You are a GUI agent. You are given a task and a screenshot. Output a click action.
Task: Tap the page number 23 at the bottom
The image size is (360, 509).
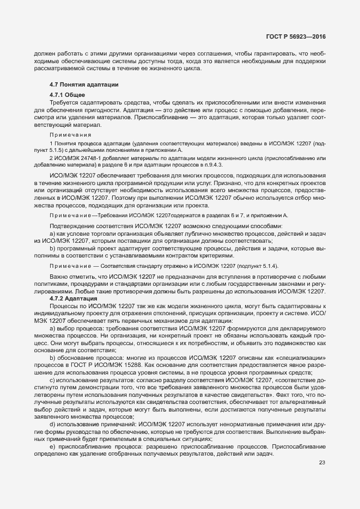point(322,463)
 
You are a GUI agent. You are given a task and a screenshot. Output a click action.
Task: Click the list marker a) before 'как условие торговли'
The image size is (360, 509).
point(52,233)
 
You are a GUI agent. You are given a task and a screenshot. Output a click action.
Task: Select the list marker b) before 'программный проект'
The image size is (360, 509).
point(52,248)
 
